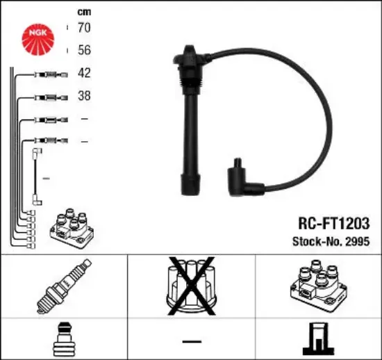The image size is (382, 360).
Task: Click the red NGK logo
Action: click(38, 40)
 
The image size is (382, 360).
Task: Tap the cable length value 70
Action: click(84, 27)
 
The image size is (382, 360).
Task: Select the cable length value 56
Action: click(84, 50)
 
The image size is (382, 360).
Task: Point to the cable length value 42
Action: click(84, 73)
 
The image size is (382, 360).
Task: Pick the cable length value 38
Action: click(84, 95)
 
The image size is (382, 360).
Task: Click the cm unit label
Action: click(84, 12)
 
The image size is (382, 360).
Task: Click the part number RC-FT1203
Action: click(334, 223)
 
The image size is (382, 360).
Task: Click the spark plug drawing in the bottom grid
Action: click(64, 286)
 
